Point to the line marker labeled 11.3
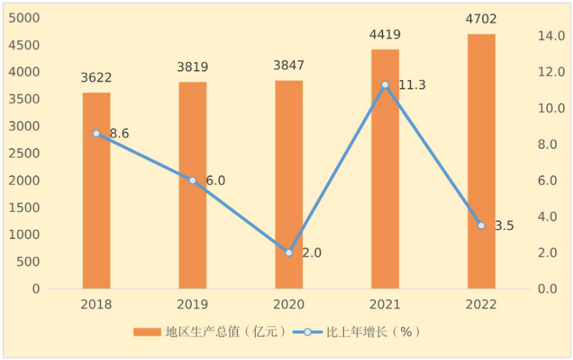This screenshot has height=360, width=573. [385, 84]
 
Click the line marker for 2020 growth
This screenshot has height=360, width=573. [289, 253]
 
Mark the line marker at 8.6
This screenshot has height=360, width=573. [96, 133]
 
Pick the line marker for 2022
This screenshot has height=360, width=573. [481, 225]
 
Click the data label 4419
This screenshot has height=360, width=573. [385, 35]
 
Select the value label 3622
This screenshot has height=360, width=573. [97, 78]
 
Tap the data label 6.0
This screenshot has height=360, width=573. [215, 180]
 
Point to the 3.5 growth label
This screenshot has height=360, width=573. [504, 225]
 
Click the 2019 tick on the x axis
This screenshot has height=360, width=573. [193, 305]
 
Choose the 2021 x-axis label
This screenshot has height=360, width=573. [385, 305]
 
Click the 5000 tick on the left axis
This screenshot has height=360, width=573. [24, 18]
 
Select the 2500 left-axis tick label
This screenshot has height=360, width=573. [24, 153]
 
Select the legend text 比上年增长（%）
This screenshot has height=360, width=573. [372, 331]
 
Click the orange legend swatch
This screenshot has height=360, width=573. [147, 331]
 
